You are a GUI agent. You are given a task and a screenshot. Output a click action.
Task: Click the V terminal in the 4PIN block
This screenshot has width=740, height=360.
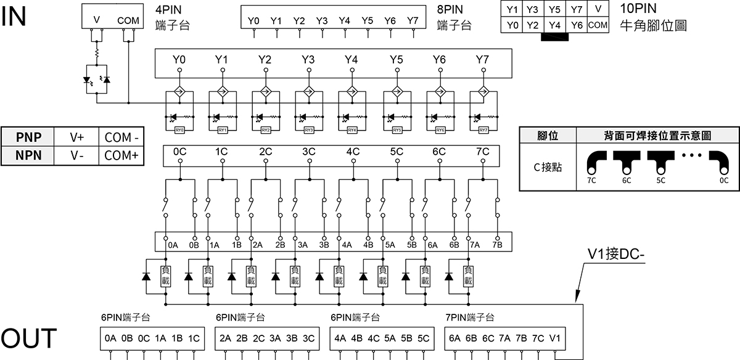pyautogui.click(x=97, y=20)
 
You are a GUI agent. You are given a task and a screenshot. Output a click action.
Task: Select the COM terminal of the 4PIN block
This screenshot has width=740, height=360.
pyautogui.click(x=128, y=20)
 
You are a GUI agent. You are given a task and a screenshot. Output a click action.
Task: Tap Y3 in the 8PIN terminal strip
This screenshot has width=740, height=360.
pyautogui.click(x=322, y=20)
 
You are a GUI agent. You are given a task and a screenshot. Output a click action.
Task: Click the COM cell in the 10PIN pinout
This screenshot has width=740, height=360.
pyautogui.click(x=598, y=25)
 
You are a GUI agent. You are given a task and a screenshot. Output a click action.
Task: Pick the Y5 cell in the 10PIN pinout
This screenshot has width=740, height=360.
pyautogui.click(x=554, y=9)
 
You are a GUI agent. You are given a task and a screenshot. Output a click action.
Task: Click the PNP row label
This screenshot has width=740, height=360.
pyautogui.click(x=29, y=137)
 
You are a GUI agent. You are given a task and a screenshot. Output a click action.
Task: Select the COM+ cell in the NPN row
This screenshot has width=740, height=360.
pyautogui.click(x=121, y=155)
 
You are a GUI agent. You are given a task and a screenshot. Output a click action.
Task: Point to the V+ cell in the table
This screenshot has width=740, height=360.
pyautogui.click(x=77, y=137)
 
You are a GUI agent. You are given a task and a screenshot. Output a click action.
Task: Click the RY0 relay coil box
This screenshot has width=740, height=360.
pyautogui.click(x=180, y=130)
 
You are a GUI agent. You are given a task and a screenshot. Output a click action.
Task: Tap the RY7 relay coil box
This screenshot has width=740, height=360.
pyautogui.click(x=483, y=130)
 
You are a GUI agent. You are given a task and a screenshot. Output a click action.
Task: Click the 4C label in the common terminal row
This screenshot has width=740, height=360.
pyautogui.click(x=353, y=152)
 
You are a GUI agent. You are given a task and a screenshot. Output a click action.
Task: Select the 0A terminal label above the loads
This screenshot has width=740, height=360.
pyautogui.click(x=173, y=245)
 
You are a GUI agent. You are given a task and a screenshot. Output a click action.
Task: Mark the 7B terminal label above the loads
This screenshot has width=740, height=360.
pyautogui.click(x=497, y=245)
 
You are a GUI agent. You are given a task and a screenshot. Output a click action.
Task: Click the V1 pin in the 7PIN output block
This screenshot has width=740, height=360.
pyautogui.click(x=555, y=338)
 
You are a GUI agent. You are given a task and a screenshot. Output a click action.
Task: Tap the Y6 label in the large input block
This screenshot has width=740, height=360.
pyautogui.click(x=439, y=60)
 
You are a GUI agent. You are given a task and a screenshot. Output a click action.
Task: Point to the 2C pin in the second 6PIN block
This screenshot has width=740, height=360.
pyautogui.click(x=258, y=338)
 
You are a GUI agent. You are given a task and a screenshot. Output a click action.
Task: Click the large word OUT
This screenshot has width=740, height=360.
pyautogui.click(x=29, y=339)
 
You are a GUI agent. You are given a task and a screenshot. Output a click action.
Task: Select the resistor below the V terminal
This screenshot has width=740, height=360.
pyautogui.click(x=97, y=54)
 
